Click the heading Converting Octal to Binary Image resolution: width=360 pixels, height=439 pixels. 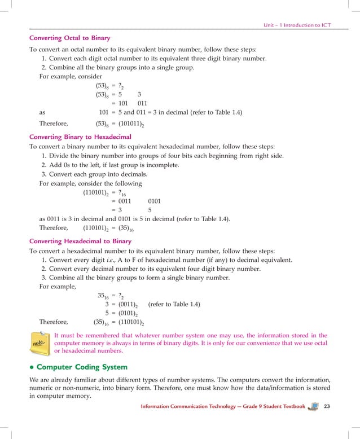pyautogui.click(x=69, y=38)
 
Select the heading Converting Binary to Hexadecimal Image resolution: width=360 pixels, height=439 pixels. pyautogui.click(x=80, y=137)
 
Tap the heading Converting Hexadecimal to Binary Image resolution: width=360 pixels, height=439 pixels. pyautogui.click(x=80, y=241)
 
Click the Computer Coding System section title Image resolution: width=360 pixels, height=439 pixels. pyautogui.click(x=82, y=367)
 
